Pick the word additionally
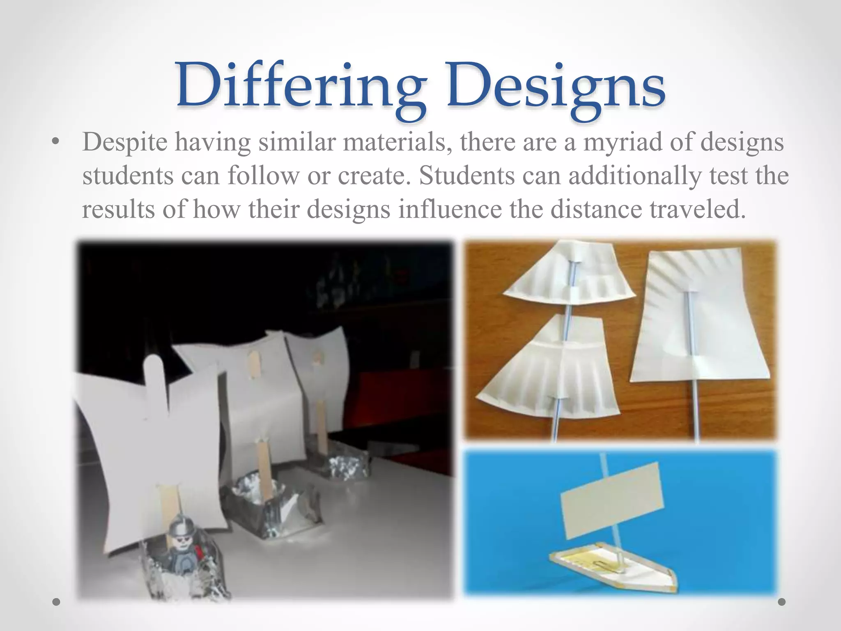click(x=634, y=176)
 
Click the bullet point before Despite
click(x=55, y=143)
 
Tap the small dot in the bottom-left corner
click(x=57, y=602)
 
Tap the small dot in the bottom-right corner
click(x=781, y=602)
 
